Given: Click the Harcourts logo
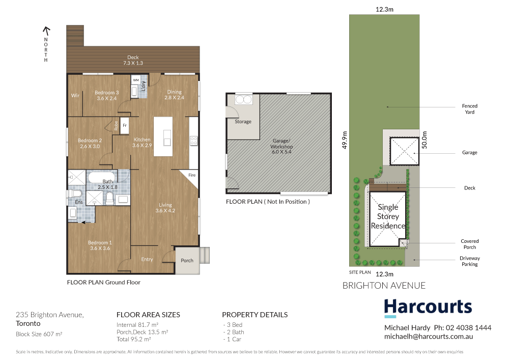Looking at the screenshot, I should [428, 308].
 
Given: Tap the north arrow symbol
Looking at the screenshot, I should [46, 31].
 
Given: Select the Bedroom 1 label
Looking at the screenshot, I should [98, 245].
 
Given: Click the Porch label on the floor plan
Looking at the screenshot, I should [187, 260].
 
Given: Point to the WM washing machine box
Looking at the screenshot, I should [136, 80].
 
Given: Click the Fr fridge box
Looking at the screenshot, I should [124, 125].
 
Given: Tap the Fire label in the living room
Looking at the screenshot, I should [192, 175].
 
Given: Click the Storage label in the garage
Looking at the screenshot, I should [243, 122].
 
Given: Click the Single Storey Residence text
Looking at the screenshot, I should [388, 216].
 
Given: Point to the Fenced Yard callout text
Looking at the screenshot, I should [469, 109].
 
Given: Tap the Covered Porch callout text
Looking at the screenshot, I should [469, 244].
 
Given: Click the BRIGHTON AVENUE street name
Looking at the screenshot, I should [384, 286].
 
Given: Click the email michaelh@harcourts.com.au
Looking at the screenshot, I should [429, 337].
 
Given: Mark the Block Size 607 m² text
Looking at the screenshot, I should [39, 334].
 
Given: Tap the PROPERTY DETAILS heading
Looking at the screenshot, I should [254, 315].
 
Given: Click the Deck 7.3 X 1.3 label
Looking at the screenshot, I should [133, 60].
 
